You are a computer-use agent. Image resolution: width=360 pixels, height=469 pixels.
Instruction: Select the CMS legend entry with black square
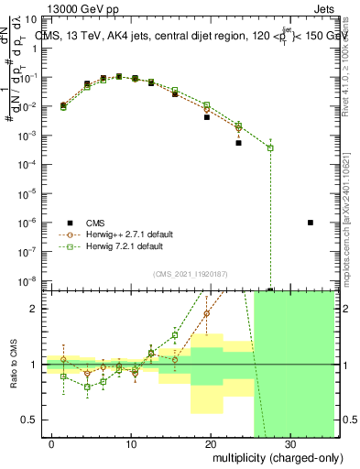click(x=107, y=223)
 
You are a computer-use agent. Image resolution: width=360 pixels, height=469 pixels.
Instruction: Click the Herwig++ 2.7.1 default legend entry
click(x=137, y=234)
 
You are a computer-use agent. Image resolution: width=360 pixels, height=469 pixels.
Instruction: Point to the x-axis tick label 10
click(x=132, y=445)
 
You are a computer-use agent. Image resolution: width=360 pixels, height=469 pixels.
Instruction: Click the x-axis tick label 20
click(x=211, y=445)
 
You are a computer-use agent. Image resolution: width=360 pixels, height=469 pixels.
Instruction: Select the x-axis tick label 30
click(x=289, y=445)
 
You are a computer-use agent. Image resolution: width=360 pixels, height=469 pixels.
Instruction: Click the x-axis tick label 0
click(x=53, y=445)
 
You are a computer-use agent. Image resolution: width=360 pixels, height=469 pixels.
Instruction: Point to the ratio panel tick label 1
click(x=44, y=365)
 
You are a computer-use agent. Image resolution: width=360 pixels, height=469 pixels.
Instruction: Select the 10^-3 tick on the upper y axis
click(x=38, y=136)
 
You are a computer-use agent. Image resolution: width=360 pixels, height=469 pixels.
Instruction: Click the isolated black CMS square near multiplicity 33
click(x=311, y=223)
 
